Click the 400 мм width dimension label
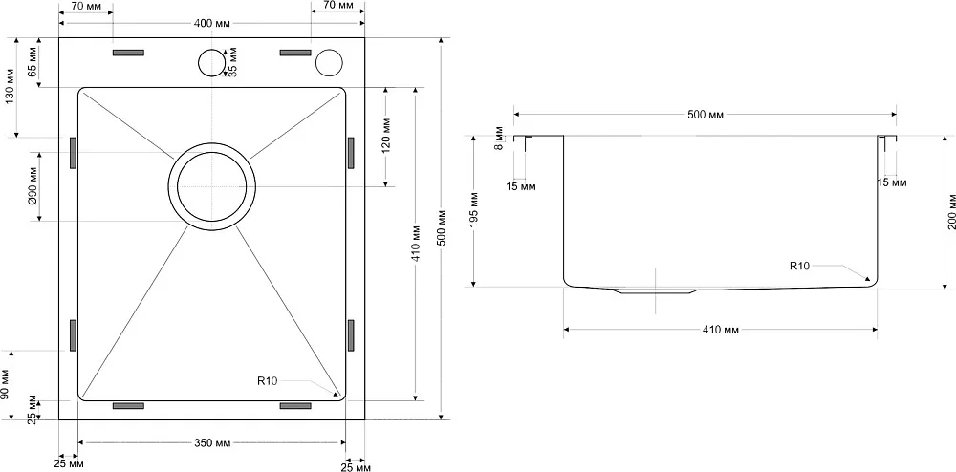[211, 23]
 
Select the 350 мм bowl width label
[211, 442]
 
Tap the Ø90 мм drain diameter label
[33, 187]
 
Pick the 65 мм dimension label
[33, 63]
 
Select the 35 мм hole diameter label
[232, 62]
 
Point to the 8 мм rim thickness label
[500, 139]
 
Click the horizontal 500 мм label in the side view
[705, 115]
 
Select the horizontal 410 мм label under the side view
[720, 330]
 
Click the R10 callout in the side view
[799, 266]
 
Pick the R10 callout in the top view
[267, 382]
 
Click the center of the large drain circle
[211, 186]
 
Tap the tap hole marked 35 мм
[211, 62]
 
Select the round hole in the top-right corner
[329, 62]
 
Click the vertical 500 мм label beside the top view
[444, 228]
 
